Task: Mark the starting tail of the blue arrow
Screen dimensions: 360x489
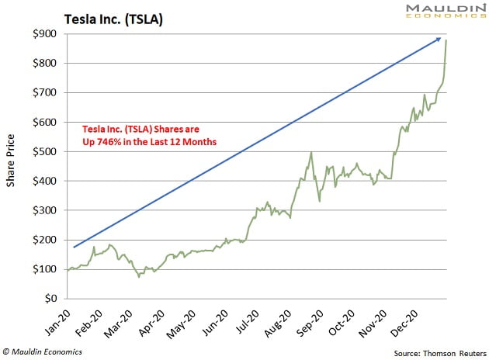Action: coord(75,247)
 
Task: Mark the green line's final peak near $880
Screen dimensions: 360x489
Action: coord(446,41)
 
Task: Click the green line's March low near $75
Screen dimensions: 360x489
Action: coord(139,276)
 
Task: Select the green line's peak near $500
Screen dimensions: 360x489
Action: coord(310,152)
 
